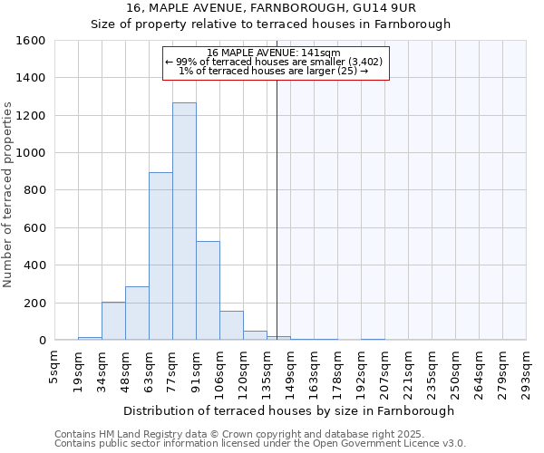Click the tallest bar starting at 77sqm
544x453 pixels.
tap(184, 222)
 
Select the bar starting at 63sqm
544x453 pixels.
tap(160, 256)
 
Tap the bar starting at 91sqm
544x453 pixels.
tap(208, 291)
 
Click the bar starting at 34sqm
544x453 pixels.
tap(113, 322)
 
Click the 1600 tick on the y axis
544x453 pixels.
tap(32, 41)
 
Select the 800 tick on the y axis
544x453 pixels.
tap(35, 190)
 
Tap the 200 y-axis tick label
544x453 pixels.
tap(35, 303)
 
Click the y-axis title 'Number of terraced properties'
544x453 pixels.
tap(8, 195)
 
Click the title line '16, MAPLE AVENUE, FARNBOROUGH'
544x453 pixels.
tap(271, 8)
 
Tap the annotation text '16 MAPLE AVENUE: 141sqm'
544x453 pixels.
tap(274, 53)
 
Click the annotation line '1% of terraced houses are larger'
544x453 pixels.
tap(274, 71)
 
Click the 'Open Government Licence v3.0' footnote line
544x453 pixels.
tap(260, 444)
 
